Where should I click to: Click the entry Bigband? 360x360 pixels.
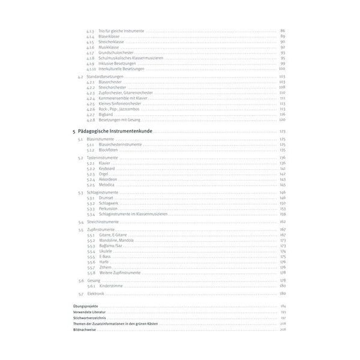[107, 114]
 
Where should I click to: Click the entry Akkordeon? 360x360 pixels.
[109, 179]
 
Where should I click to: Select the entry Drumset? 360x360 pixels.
[107, 198]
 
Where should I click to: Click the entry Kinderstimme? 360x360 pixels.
[112, 286]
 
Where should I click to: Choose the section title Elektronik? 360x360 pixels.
[96, 294]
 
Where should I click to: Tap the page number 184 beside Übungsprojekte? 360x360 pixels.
[282, 306]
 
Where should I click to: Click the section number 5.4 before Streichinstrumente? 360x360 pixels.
[80, 222]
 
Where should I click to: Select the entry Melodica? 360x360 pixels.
[107, 185]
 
